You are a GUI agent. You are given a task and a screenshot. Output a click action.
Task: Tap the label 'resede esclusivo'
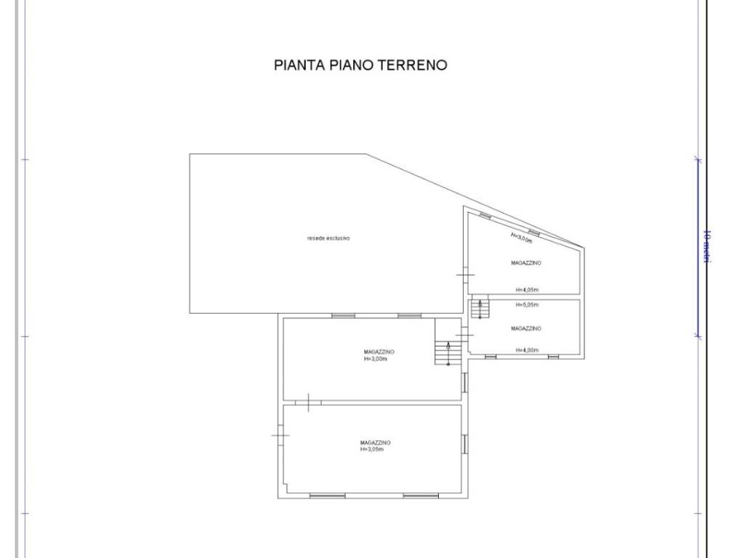[x=328, y=238]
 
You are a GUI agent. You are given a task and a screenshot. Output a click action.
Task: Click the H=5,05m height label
[x=527, y=304]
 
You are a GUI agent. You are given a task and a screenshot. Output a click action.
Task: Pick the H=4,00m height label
[x=527, y=350]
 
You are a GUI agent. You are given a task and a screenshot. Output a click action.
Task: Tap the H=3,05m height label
[x=371, y=449]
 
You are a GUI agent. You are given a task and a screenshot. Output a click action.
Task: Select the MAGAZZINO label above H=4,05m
[x=526, y=263]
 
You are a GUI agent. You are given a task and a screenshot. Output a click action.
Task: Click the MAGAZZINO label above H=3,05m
[x=376, y=442]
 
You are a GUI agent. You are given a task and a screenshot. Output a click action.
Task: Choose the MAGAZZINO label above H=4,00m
[x=526, y=328]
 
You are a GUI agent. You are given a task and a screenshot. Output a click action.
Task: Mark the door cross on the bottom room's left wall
[x=280, y=435]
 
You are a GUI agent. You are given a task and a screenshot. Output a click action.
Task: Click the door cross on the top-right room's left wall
[x=466, y=275]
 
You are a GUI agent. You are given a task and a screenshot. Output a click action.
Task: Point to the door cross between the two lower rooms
[x=309, y=401]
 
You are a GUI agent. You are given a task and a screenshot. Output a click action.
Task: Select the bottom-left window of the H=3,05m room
[x=327, y=496]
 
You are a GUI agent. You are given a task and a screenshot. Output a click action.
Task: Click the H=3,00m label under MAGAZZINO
[x=375, y=359]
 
